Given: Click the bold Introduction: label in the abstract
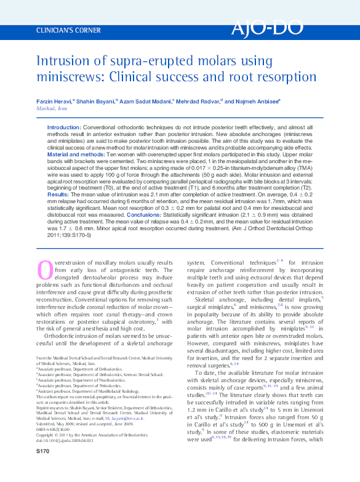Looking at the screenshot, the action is (x=64, y=127).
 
